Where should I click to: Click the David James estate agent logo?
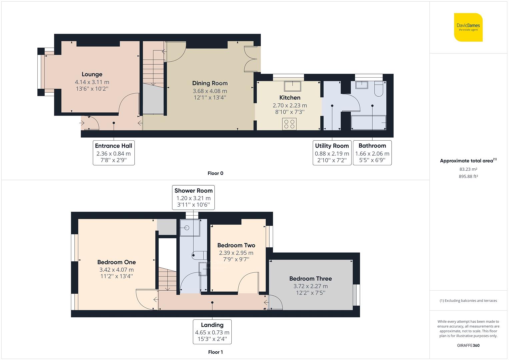coord(468,27)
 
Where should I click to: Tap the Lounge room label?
coord(92,74)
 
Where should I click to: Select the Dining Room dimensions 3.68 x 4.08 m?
coord(210,91)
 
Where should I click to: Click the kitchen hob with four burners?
coord(289,124)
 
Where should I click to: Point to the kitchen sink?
coord(292,86)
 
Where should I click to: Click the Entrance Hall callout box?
coord(114,153)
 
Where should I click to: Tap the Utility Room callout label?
coord(332,146)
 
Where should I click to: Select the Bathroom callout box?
coord(372,153)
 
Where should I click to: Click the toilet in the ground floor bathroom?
coord(379,89)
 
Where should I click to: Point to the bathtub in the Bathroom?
coord(369,123)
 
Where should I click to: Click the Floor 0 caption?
coord(215,173)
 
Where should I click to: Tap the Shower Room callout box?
coord(193,197)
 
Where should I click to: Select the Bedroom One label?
coord(117,262)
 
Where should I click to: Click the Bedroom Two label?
coord(236,245)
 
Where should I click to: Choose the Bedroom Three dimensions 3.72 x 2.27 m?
coord(311,286)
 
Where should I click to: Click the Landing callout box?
coord(212,332)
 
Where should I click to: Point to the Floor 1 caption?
coord(215,352)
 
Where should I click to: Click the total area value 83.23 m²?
coord(468,169)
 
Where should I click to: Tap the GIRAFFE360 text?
coord(468,345)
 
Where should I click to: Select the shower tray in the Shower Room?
coord(190,228)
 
